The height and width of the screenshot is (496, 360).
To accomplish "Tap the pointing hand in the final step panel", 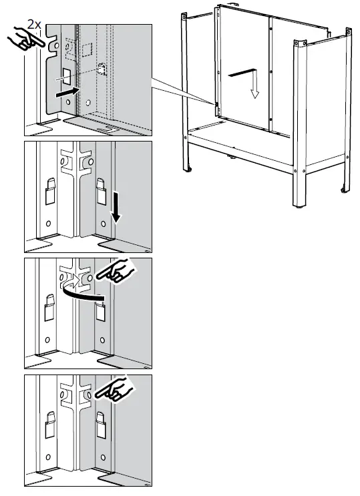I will (x=115, y=389).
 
